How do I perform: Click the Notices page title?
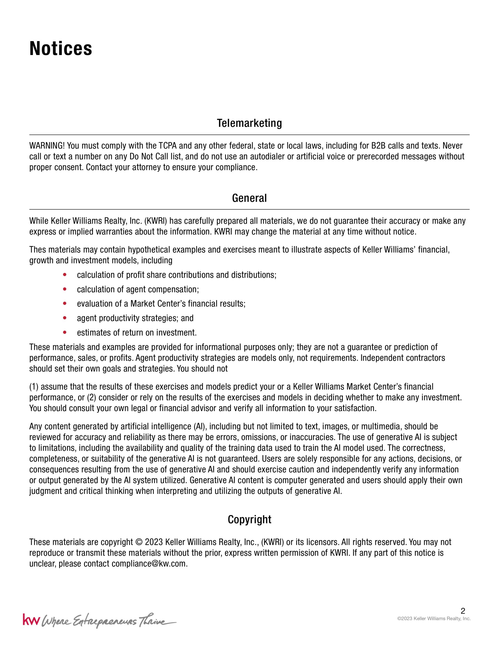[61, 49]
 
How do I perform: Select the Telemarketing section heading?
[249, 123]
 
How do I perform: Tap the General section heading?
[249, 198]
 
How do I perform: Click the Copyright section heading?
[249, 519]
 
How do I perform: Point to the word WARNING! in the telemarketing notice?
[47, 146]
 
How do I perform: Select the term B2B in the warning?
[378, 146]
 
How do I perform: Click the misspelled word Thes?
[38, 250]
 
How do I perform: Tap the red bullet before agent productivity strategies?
[65, 318]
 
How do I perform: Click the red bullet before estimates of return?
[65, 333]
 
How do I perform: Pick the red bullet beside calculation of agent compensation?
[65, 289]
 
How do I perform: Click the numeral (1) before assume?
[34, 387]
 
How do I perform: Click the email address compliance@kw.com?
[149, 564]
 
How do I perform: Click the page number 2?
[463, 611]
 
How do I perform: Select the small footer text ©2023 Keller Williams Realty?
[434, 619]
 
